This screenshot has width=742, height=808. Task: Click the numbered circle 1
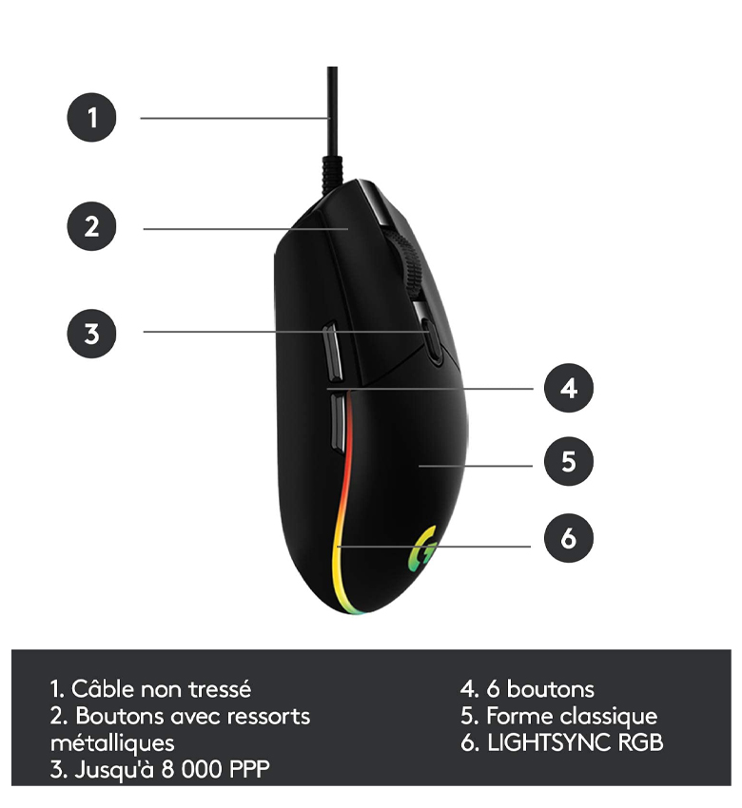click(x=91, y=117)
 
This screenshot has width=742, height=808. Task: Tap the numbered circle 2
click(x=91, y=226)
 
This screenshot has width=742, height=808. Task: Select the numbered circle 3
click(x=91, y=334)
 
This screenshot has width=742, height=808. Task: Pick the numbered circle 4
click(x=568, y=388)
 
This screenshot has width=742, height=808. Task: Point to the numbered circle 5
click(x=568, y=461)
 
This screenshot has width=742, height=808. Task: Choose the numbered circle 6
click(x=568, y=537)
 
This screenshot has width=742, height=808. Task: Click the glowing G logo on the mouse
click(x=422, y=548)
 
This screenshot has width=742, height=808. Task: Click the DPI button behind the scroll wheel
click(x=433, y=338)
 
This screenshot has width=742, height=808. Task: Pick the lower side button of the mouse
click(x=337, y=421)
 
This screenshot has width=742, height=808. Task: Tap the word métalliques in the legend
click(x=112, y=743)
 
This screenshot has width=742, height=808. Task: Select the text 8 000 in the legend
click(x=192, y=769)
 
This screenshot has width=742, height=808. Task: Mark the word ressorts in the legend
click(x=268, y=717)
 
